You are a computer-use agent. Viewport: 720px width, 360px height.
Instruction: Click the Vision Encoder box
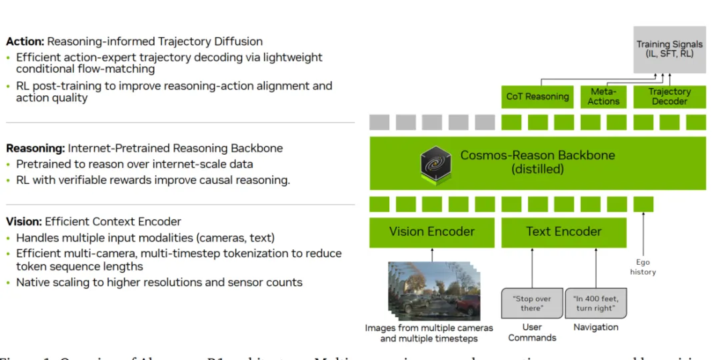pyautogui.click(x=432, y=232)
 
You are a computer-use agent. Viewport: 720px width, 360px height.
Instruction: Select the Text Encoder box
pyautogui.click(x=563, y=232)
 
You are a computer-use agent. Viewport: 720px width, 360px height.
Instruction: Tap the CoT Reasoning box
pyautogui.click(x=537, y=97)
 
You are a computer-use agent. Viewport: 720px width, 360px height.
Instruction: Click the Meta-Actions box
pyautogui.click(x=603, y=97)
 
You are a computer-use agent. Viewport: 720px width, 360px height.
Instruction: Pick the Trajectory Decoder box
pyautogui.click(x=669, y=97)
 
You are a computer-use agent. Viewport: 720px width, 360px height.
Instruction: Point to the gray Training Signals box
pyautogui.click(x=669, y=49)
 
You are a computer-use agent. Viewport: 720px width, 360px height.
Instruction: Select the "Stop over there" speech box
pyautogui.click(x=531, y=303)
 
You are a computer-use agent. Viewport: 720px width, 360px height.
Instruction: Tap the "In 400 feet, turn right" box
pyautogui.click(x=596, y=303)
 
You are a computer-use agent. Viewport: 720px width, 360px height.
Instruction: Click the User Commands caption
pyautogui.click(x=531, y=332)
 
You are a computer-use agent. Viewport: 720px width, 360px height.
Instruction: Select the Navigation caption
pyautogui.click(x=596, y=327)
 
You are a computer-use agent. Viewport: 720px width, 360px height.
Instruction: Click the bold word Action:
pyautogui.click(x=25, y=41)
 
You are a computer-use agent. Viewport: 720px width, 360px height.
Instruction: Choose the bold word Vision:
pyautogui.click(x=25, y=221)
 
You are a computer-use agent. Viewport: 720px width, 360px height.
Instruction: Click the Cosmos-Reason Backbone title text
pyautogui.click(x=537, y=155)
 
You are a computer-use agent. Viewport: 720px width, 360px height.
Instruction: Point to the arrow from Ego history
pyautogui.click(x=643, y=233)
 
